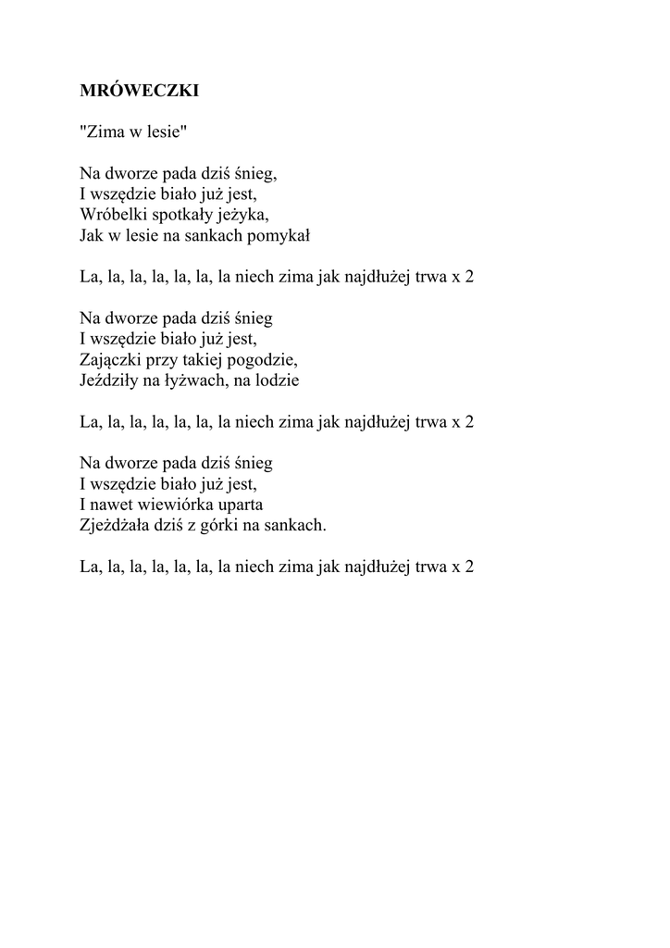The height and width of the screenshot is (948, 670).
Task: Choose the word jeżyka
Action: point(242,216)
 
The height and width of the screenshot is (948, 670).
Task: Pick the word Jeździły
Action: point(108,380)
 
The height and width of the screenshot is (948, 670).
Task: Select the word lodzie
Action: point(278,380)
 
